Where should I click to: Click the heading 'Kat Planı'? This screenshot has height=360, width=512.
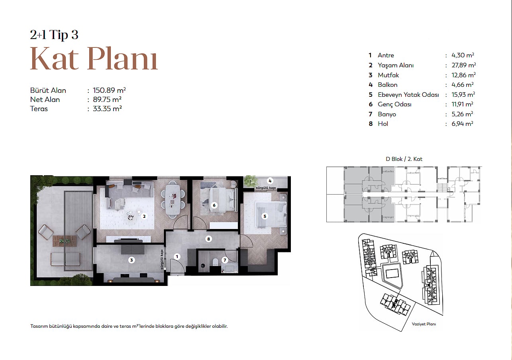(x=94, y=59)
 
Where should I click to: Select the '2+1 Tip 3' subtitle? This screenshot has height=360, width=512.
(x=54, y=35)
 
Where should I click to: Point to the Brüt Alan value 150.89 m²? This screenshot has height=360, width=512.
(x=109, y=90)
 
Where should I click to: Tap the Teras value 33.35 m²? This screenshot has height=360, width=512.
(x=107, y=108)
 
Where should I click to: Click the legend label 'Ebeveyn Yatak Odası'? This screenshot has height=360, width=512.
(x=408, y=94)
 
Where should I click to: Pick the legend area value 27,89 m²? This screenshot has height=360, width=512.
(x=463, y=65)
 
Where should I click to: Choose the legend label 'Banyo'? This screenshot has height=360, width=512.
(x=387, y=114)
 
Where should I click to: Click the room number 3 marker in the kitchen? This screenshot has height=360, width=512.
(x=131, y=260)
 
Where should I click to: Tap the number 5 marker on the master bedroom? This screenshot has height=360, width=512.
(x=265, y=216)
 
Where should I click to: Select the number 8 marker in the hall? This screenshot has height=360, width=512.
(x=208, y=239)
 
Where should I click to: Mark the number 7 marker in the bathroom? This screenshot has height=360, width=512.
(x=225, y=260)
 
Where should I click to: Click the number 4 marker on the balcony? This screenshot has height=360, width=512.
(x=270, y=181)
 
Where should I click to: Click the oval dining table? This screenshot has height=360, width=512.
(x=173, y=199)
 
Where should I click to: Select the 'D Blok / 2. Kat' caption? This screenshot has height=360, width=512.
(x=404, y=159)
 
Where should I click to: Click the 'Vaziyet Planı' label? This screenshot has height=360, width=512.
(x=424, y=324)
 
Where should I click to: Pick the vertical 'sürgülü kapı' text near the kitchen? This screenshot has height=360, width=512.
(x=162, y=260)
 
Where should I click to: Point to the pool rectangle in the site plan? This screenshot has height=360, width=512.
(x=392, y=273)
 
